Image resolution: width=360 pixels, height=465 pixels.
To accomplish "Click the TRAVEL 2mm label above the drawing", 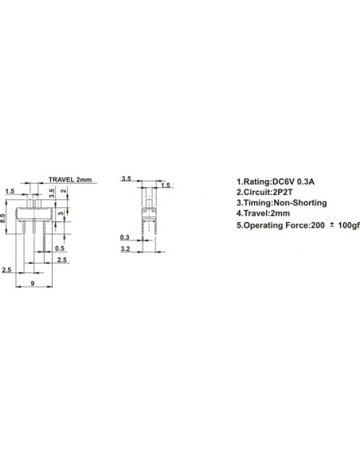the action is click(70, 180).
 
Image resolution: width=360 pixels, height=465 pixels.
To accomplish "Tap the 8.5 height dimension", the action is click(3, 218).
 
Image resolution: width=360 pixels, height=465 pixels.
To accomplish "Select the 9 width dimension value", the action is click(33, 283).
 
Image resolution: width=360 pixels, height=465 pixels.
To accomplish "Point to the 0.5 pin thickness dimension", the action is click(60, 248).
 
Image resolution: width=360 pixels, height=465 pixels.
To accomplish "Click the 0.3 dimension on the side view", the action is click(124, 237).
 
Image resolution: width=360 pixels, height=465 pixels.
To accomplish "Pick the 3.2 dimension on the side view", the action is click(125, 248).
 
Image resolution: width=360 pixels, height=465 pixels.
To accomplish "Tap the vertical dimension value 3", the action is click(61, 213).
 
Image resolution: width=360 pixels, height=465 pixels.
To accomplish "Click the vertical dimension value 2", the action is click(64, 191).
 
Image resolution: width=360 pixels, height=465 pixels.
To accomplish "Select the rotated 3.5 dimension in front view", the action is click(52, 193).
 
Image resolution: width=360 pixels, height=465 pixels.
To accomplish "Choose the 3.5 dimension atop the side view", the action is click(127, 179).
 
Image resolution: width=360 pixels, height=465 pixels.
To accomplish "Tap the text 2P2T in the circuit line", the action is click(283, 192).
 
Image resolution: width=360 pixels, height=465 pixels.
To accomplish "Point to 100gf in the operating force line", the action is click(349, 225).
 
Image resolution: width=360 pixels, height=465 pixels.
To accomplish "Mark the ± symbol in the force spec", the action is click(332, 225).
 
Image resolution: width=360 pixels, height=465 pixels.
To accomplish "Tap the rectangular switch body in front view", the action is click(34, 214).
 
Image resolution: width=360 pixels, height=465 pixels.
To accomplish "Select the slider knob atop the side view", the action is click(148, 204).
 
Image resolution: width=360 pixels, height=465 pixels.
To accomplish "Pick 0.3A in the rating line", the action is click(307, 182).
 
